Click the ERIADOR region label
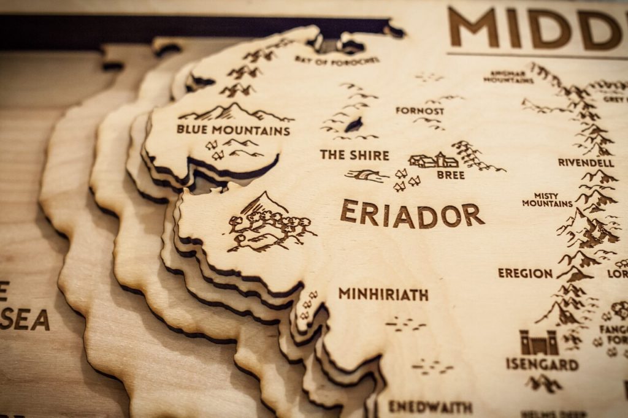coord(412,214)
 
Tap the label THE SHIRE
coord(354,155)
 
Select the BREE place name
coord(450,175)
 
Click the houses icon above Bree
coord(434,161)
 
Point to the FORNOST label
coord(419,111)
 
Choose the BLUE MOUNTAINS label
coord(233,130)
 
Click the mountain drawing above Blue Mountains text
coord(235,113)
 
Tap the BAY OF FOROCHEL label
coord(337,60)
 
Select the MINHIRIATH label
coord(383,294)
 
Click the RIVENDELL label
coord(586,162)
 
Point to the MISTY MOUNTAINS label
coord(547,199)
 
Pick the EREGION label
coord(525,273)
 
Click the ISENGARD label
coord(542,364)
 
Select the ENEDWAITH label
coord(430,407)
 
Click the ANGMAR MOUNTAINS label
coord(508,77)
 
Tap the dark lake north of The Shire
coord(353,125)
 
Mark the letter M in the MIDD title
coord(473,28)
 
